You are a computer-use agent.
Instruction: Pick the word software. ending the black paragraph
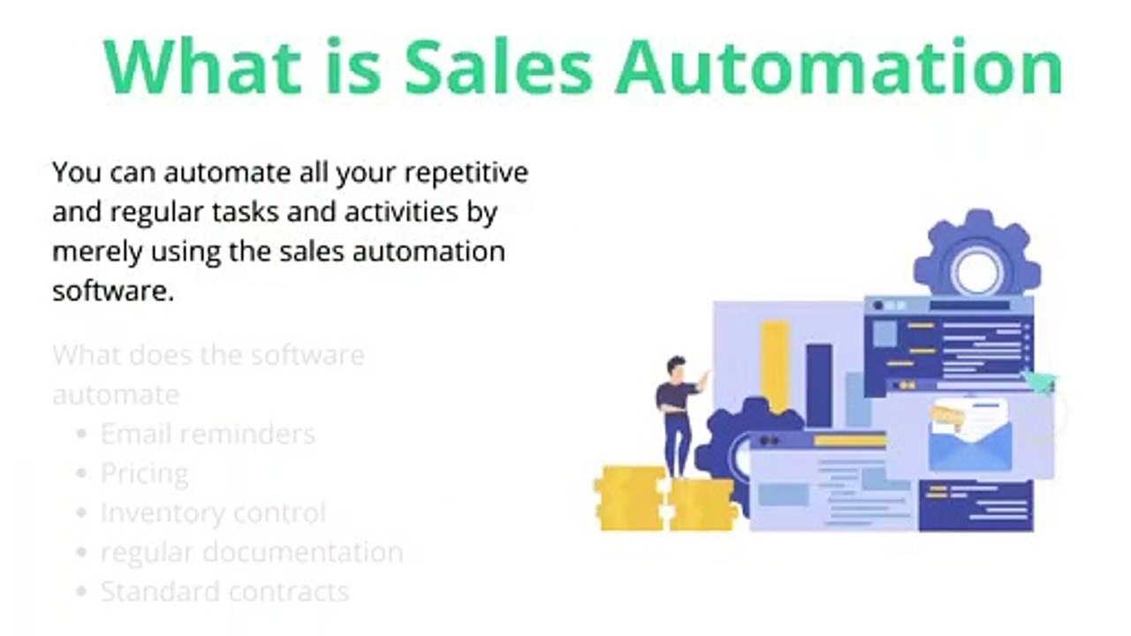(x=112, y=291)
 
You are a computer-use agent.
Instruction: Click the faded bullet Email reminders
(x=208, y=434)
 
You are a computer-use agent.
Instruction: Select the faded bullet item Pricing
(x=144, y=473)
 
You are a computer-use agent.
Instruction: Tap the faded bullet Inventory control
(x=213, y=512)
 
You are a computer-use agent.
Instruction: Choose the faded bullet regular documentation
(x=252, y=552)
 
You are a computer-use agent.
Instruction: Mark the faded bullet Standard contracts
(x=224, y=591)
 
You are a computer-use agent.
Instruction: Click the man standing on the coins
(x=679, y=413)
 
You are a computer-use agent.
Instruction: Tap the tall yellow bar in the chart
(x=775, y=366)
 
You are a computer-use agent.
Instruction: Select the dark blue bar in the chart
(x=818, y=385)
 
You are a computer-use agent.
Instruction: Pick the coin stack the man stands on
(x=701, y=504)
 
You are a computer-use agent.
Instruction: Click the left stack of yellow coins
(x=629, y=498)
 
